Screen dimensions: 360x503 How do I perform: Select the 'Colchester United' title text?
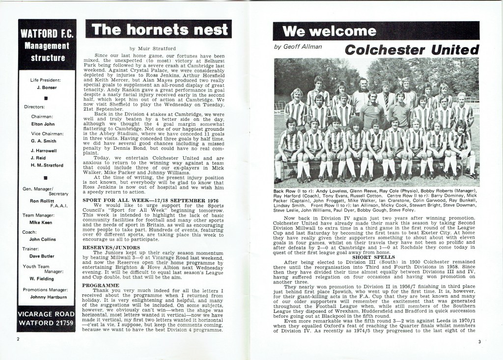pyautogui.click(x=412, y=50)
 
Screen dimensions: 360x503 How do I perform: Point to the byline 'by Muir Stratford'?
pyautogui.click(x=153, y=48)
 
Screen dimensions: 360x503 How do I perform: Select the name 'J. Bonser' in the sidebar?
pyautogui.click(x=47, y=88)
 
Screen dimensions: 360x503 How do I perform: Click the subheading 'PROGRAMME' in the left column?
pyautogui.click(x=101, y=285)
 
